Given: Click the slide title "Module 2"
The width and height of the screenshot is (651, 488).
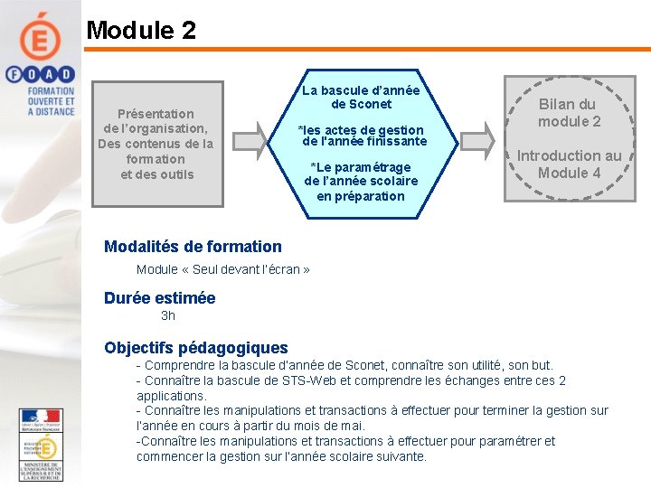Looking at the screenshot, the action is pyautogui.click(x=141, y=30).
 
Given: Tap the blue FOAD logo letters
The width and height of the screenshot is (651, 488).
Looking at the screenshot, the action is pyautogui.click(x=41, y=76).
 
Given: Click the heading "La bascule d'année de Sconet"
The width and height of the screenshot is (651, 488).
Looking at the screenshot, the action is pyautogui.click(x=361, y=98).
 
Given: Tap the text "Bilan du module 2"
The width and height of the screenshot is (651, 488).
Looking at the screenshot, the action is pyautogui.click(x=569, y=113).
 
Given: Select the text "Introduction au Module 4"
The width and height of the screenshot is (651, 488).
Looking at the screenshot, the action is pyautogui.click(x=569, y=164).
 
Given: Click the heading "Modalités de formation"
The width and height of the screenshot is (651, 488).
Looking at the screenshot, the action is pyautogui.click(x=193, y=247).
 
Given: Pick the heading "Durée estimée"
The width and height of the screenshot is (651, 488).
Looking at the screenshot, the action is pyautogui.click(x=159, y=298).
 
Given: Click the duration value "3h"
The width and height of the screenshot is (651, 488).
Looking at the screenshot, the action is pyautogui.click(x=168, y=316).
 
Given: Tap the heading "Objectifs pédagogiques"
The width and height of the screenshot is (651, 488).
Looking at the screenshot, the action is pyautogui.click(x=196, y=348).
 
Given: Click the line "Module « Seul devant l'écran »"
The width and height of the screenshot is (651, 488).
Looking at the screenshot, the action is pyautogui.click(x=223, y=269).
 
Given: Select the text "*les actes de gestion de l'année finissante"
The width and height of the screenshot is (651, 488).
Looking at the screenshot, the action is pyautogui.click(x=363, y=136).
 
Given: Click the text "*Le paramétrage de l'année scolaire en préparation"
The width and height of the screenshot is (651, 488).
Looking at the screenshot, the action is pyautogui.click(x=361, y=182).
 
